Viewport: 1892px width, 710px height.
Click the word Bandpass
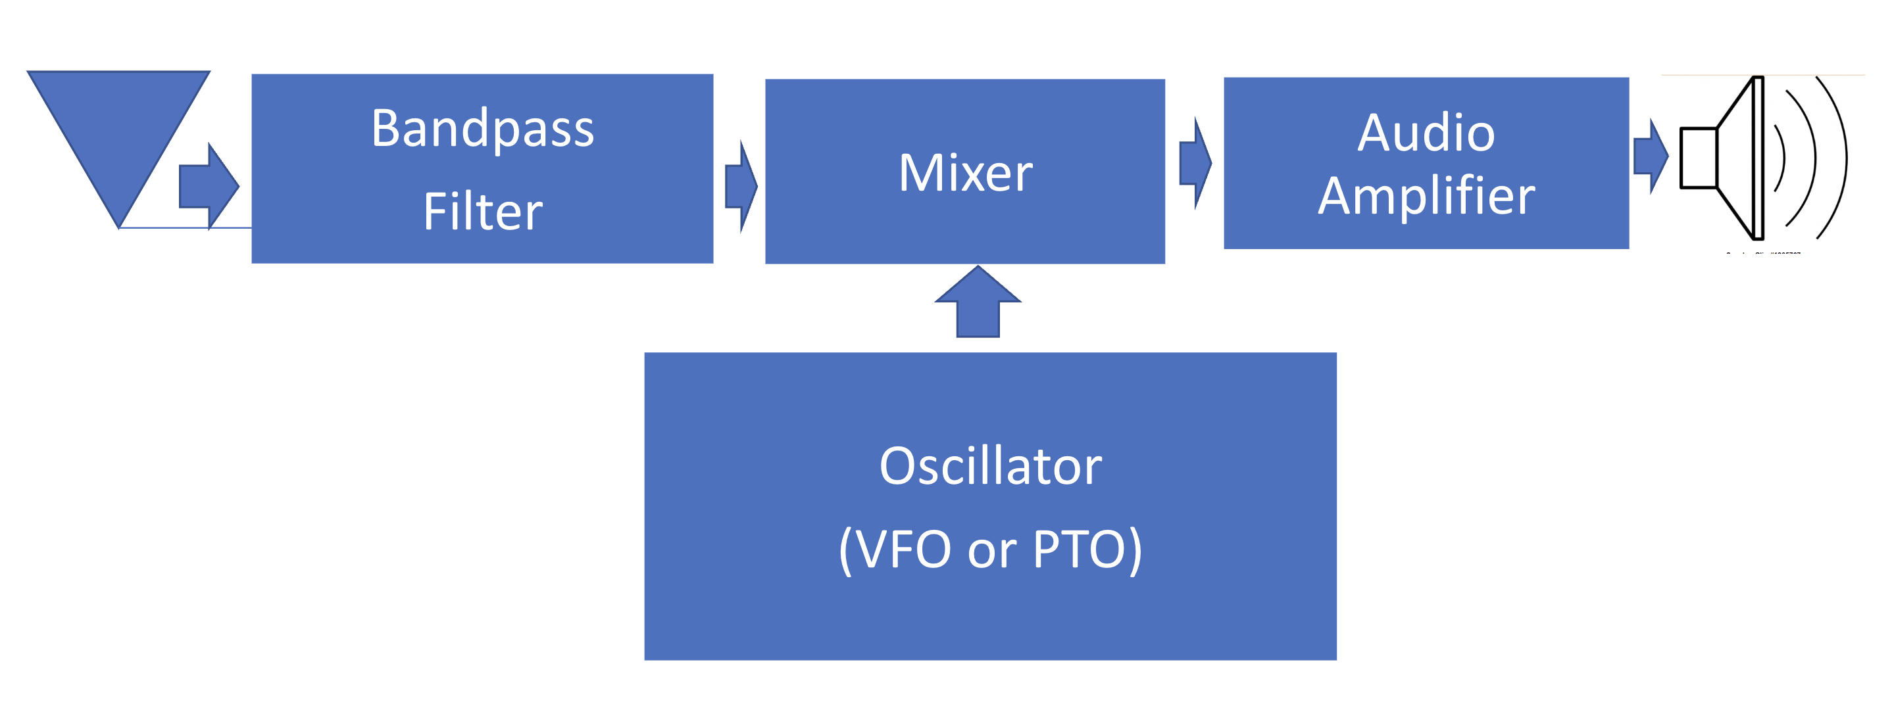[x=483, y=128]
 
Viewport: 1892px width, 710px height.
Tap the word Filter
[x=483, y=212]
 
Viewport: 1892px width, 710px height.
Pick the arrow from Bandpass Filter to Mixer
[x=740, y=187]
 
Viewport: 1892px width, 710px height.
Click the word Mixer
[x=965, y=174]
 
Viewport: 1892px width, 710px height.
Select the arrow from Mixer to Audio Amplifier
[x=1195, y=163]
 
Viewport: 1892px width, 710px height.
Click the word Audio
[x=1426, y=133]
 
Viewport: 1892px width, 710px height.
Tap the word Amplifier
[x=1426, y=196]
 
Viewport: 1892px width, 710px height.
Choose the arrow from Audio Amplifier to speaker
[x=1651, y=156]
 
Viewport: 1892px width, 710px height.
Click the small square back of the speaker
[x=1698, y=158]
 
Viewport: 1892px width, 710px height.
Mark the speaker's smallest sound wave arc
[x=1783, y=157]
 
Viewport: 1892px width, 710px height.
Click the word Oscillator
[x=990, y=466]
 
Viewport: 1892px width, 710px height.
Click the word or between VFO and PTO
[x=991, y=552]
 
